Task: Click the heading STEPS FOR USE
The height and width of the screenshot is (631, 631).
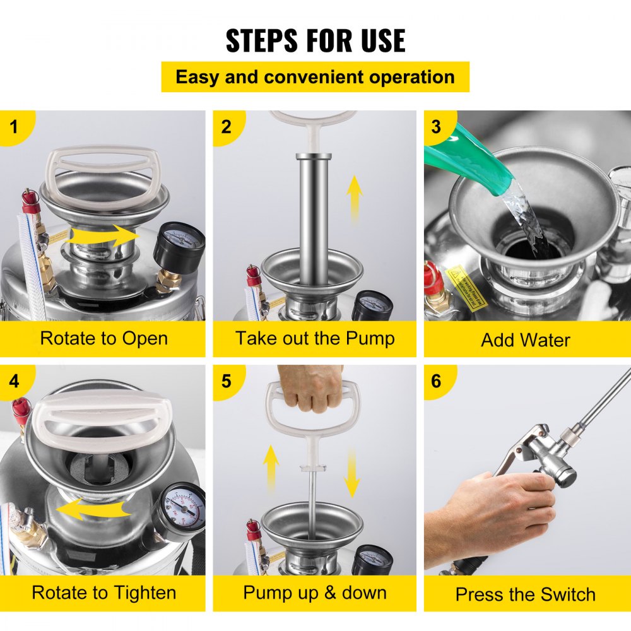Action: click(315, 40)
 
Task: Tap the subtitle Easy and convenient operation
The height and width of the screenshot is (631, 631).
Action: click(315, 77)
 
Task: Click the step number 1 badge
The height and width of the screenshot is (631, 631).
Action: click(13, 126)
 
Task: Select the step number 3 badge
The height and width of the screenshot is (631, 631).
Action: click(436, 126)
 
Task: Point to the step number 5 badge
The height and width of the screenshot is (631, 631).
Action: click(226, 381)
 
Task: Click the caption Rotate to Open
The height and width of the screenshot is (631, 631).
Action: click(103, 338)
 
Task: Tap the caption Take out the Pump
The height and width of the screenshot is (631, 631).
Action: click(315, 338)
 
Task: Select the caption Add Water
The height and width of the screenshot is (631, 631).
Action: click(525, 340)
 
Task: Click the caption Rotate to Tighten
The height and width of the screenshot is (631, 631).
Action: click(103, 593)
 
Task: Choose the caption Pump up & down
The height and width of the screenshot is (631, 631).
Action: click(315, 593)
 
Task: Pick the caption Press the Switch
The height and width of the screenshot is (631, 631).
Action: click(525, 594)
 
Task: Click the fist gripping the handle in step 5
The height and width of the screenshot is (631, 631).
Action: click(311, 387)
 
